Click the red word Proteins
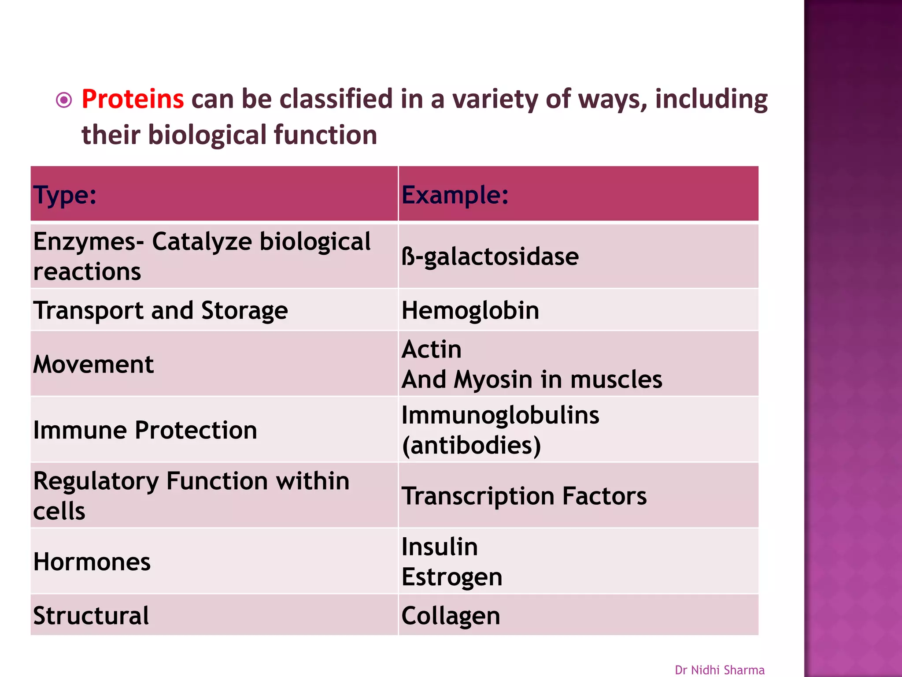133,99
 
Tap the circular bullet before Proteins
64,100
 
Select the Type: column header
65,195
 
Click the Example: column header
455,195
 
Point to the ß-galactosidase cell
490,257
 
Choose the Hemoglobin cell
470,310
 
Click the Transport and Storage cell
160,310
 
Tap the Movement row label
93,365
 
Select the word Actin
432,350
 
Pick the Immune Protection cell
145,430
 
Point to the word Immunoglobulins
500,415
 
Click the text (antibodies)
471,445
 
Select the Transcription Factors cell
524,496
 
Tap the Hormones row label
92,562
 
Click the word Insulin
440,547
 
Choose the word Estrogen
452,577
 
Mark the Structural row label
91,616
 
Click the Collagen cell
451,616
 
